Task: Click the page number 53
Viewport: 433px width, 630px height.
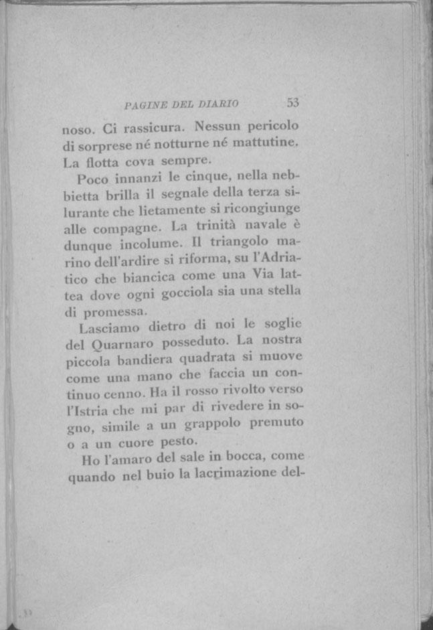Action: [292, 102]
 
